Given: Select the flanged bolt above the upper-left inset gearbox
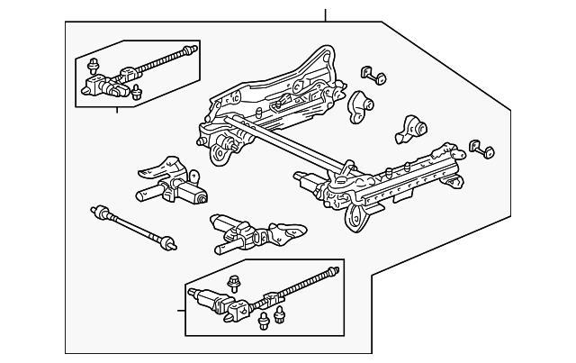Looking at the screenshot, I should click(x=93, y=65).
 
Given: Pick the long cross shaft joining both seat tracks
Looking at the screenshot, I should click(x=288, y=144).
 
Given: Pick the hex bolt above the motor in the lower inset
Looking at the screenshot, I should click(x=236, y=282).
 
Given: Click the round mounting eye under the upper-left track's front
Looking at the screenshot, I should click(x=219, y=156).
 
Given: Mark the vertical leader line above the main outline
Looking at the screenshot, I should click(x=326, y=14).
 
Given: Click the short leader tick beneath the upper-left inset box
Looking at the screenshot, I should click(x=117, y=111).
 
